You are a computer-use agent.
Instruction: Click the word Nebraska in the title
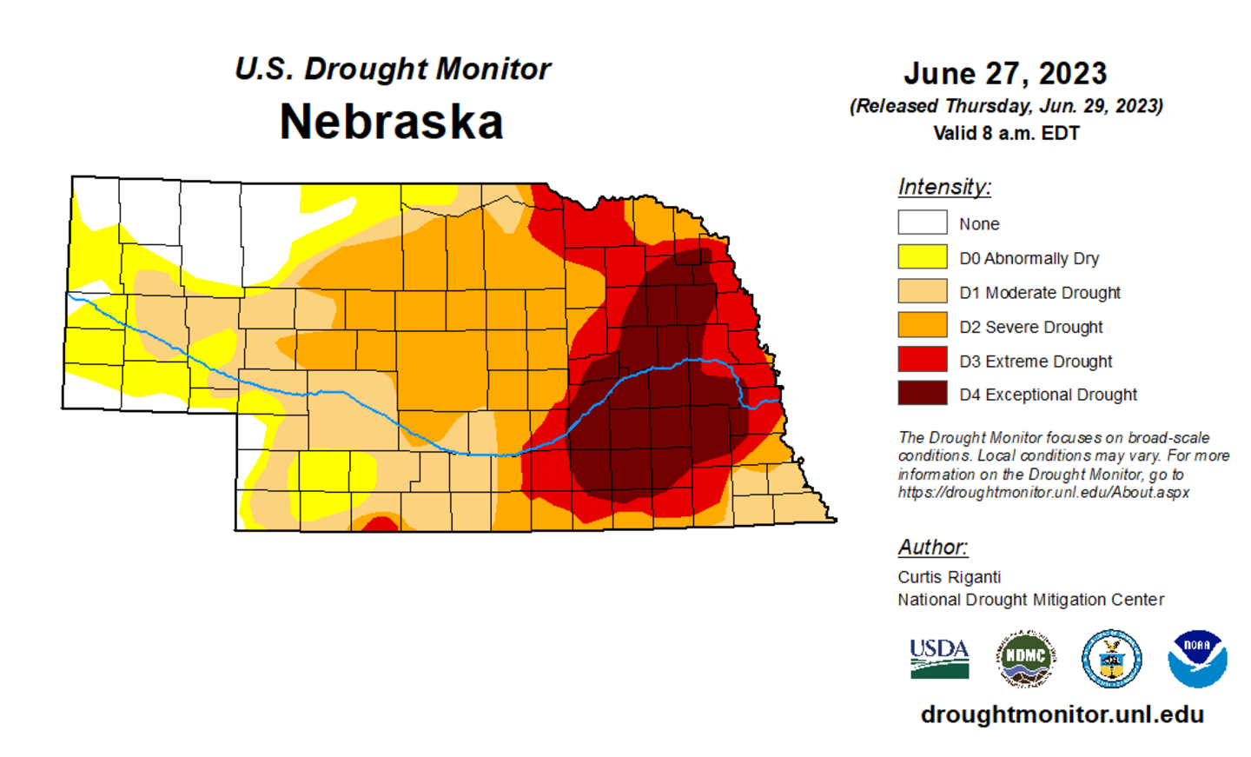click(391, 121)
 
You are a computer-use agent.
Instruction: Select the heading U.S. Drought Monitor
click(393, 69)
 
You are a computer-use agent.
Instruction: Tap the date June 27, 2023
click(1005, 74)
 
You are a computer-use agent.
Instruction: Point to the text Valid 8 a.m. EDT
click(1006, 134)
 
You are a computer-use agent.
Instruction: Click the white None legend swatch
click(922, 222)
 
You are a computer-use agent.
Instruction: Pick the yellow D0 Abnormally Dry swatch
click(922, 257)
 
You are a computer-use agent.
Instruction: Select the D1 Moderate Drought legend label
click(1039, 293)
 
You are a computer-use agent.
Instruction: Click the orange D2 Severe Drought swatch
click(922, 325)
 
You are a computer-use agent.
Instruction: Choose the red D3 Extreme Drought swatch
click(922, 359)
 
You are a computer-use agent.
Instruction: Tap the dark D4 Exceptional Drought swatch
click(922, 393)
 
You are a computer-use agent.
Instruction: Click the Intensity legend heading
click(944, 187)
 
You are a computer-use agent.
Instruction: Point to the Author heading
click(932, 547)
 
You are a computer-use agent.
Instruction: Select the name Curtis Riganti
click(949, 577)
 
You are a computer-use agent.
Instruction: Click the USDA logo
click(939, 659)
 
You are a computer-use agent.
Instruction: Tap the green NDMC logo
click(1025, 659)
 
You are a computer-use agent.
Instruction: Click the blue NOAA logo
click(1197, 659)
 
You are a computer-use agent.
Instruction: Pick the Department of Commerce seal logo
click(1111, 659)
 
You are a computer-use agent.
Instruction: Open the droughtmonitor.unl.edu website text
click(1062, 714)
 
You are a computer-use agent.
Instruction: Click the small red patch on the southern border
click(380, 524)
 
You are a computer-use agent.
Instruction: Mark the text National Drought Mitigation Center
click(1030, 600)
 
